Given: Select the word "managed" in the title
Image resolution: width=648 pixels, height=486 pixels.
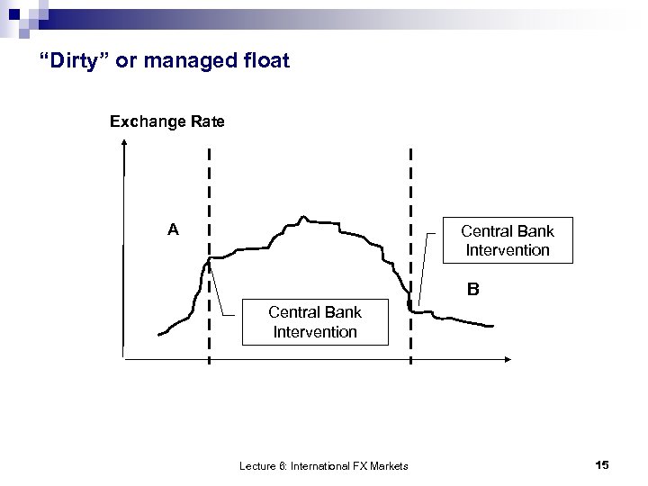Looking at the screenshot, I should tap(194, 62).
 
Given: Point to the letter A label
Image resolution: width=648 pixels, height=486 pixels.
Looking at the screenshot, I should tap(173, 230).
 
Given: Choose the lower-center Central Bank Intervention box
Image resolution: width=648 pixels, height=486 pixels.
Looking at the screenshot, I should tap(315, 322).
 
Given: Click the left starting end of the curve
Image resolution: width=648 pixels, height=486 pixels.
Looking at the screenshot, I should tap(159, 334).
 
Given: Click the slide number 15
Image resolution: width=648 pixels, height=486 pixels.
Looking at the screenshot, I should tap(602, 464).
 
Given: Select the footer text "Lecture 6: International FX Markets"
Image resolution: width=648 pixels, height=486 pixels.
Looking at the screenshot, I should tap(323, 465).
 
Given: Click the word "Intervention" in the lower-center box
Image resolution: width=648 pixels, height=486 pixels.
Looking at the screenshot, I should tap(315, 331).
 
